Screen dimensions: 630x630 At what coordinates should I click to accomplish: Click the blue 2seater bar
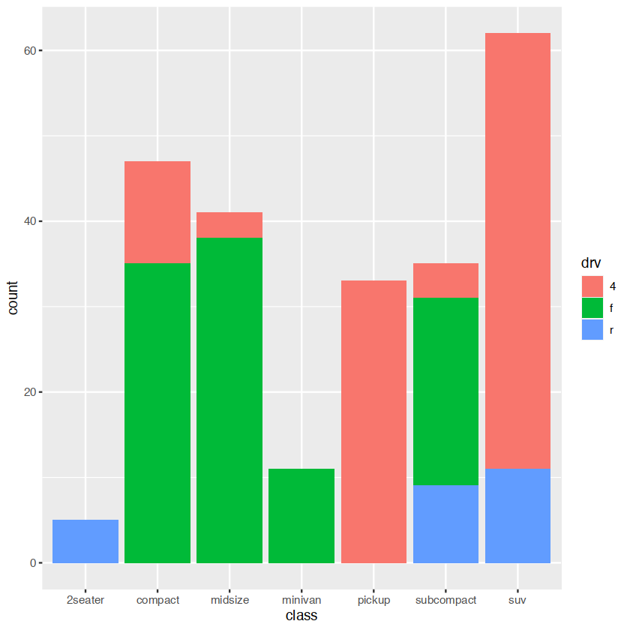pos(85,541)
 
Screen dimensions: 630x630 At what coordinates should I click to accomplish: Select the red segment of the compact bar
pos(157,212)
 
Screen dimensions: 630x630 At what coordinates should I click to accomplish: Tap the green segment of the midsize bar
pos(229,400)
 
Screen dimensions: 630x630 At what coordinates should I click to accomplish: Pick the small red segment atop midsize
pos(229,225)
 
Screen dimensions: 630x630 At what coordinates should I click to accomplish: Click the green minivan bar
pos(301,515)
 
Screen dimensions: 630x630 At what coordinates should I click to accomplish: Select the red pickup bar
pos(373,421)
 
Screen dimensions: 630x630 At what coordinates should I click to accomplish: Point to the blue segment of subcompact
pos(445,523)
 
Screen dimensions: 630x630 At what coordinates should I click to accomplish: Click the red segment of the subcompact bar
pos(445,280)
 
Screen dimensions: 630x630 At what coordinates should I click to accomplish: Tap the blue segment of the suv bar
pos(517,515)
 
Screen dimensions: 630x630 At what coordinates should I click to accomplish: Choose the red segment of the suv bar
pos(517,251)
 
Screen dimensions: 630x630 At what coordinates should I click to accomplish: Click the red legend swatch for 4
pos(592,286)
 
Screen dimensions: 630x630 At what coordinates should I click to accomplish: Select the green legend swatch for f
pos(592,307)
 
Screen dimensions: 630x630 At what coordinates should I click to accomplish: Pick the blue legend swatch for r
pos(592,329)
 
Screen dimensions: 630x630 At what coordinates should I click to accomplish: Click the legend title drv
pos(589,262)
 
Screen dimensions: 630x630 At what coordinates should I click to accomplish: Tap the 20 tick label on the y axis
pos(29,392)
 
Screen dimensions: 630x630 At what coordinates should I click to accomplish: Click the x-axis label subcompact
pos(445,600)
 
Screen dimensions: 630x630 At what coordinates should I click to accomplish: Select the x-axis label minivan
pos(301,600)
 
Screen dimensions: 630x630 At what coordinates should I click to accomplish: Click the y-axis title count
pos(13,298)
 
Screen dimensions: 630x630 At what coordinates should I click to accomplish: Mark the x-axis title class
pos(301,616)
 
